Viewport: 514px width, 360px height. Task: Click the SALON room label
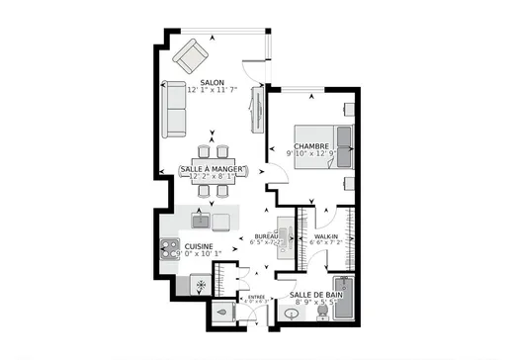tap(211, 83)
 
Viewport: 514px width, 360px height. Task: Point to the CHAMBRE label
tap(310, 146)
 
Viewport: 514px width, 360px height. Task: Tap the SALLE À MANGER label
tap(213, 170)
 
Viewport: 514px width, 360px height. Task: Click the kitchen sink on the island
tap(200, 219)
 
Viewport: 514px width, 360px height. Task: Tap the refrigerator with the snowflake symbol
tap(201, 286)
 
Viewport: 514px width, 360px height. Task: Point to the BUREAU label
tap(265, 237)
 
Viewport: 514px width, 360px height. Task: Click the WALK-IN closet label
tap(327, 237)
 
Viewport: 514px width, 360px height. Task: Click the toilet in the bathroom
tap(321, 314)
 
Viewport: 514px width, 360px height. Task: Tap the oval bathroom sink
tap(292, 315)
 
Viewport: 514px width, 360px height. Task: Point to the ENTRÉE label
tap(256, 296)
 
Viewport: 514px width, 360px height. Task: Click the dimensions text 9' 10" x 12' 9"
tap(311, 154)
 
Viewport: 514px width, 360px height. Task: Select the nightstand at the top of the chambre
tap(348, 108)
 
